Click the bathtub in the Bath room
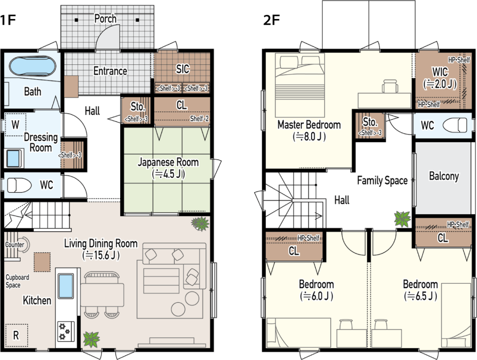coord(33,66)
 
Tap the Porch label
coord(105,19)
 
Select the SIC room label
coord(183,69)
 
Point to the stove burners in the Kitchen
coord(66,331)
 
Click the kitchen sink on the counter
coord(66,286)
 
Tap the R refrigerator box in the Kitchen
coord(16,335)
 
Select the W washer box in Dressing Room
coord(15,125)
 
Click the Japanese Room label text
coord(168,162)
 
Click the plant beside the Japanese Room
coord(200,224)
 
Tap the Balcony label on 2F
coord(444,176)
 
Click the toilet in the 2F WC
coord(455,125)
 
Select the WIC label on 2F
coord(440,72)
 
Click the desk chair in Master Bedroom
coord(390,86)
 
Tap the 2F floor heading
coord(272,20)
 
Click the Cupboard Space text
coord(17,281)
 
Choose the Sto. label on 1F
coord(137,107)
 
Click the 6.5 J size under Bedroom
coord(421,296)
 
